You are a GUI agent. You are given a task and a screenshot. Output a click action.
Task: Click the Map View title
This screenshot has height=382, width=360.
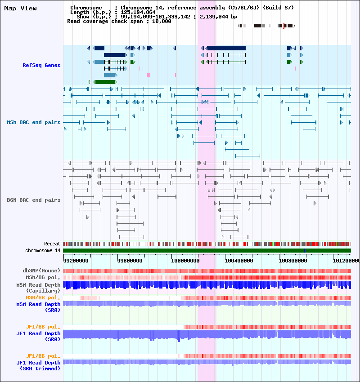[20, 9]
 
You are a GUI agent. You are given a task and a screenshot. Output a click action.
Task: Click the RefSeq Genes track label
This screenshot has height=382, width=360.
[41, 66]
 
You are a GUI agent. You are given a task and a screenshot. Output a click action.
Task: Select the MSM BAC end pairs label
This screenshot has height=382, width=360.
[34, 122]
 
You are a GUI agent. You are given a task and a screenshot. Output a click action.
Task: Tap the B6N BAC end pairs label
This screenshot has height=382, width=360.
[34, 200]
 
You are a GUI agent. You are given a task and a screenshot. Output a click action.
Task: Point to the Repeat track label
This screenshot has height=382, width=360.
[52, 244]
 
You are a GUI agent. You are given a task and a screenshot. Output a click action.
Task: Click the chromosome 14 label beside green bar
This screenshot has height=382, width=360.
[43, 250]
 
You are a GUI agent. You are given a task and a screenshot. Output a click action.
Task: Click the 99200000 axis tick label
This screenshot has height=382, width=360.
[76, 260]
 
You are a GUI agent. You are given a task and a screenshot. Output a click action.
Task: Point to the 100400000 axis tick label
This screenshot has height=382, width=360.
[239, 260]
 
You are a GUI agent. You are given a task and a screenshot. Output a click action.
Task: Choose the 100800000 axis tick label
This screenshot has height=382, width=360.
[293, 260]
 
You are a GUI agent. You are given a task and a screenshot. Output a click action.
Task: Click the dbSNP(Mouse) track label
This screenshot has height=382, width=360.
[41, 271]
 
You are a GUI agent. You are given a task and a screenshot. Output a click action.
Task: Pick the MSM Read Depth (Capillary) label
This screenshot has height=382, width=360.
[38, 288]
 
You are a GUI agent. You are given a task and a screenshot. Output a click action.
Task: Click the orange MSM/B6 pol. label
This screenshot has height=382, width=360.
[43, 298]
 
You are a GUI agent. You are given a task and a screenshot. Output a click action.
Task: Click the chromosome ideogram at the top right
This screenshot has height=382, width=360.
[266, 26]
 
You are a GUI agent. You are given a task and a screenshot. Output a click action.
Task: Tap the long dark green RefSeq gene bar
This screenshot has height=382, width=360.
[106, 82]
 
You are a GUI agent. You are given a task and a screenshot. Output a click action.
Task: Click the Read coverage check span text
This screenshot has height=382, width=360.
[119, 21]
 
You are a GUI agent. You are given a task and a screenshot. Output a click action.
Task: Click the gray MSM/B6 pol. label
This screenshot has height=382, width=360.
[43, 277]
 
